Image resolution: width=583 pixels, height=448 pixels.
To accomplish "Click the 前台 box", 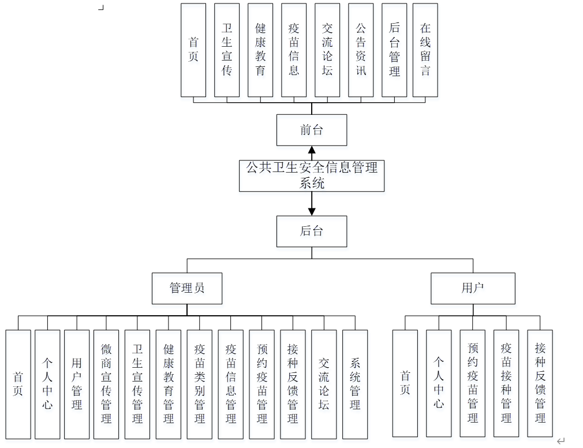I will (x=312, y=130).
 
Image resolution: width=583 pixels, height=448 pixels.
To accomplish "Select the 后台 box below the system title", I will (x=312, y=232).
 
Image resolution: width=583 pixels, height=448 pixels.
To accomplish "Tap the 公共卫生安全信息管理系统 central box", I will (x=312, y=176).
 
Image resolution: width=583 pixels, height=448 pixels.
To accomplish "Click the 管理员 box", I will (x=187, y=288).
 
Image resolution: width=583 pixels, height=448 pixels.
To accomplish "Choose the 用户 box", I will (x=473, y=288).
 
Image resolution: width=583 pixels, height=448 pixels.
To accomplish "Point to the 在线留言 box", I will (x=425, y=50).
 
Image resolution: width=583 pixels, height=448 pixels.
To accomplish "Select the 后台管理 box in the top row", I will (x=394, y=50).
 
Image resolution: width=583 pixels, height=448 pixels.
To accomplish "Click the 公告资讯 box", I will (x=361, y=50).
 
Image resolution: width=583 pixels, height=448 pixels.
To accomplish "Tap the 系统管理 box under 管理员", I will (x=355, y=384).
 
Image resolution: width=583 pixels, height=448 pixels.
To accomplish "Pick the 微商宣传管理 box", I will (x=106, y=384).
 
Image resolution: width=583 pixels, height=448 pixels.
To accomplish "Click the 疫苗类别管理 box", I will (x=200, y=384).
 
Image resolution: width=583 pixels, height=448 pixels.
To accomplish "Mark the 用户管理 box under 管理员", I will (x=77, y=384).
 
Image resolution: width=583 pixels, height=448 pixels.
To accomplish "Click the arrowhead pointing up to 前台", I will (x=312, y=151).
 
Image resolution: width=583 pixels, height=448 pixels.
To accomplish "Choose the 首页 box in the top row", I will (x=193, y=50).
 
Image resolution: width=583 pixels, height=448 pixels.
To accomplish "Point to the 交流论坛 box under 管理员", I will (x=324, y=384).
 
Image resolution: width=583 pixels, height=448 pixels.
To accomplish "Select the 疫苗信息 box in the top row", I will (x=294, y=50).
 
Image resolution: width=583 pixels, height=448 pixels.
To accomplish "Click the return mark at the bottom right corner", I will (x=560, y=441).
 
